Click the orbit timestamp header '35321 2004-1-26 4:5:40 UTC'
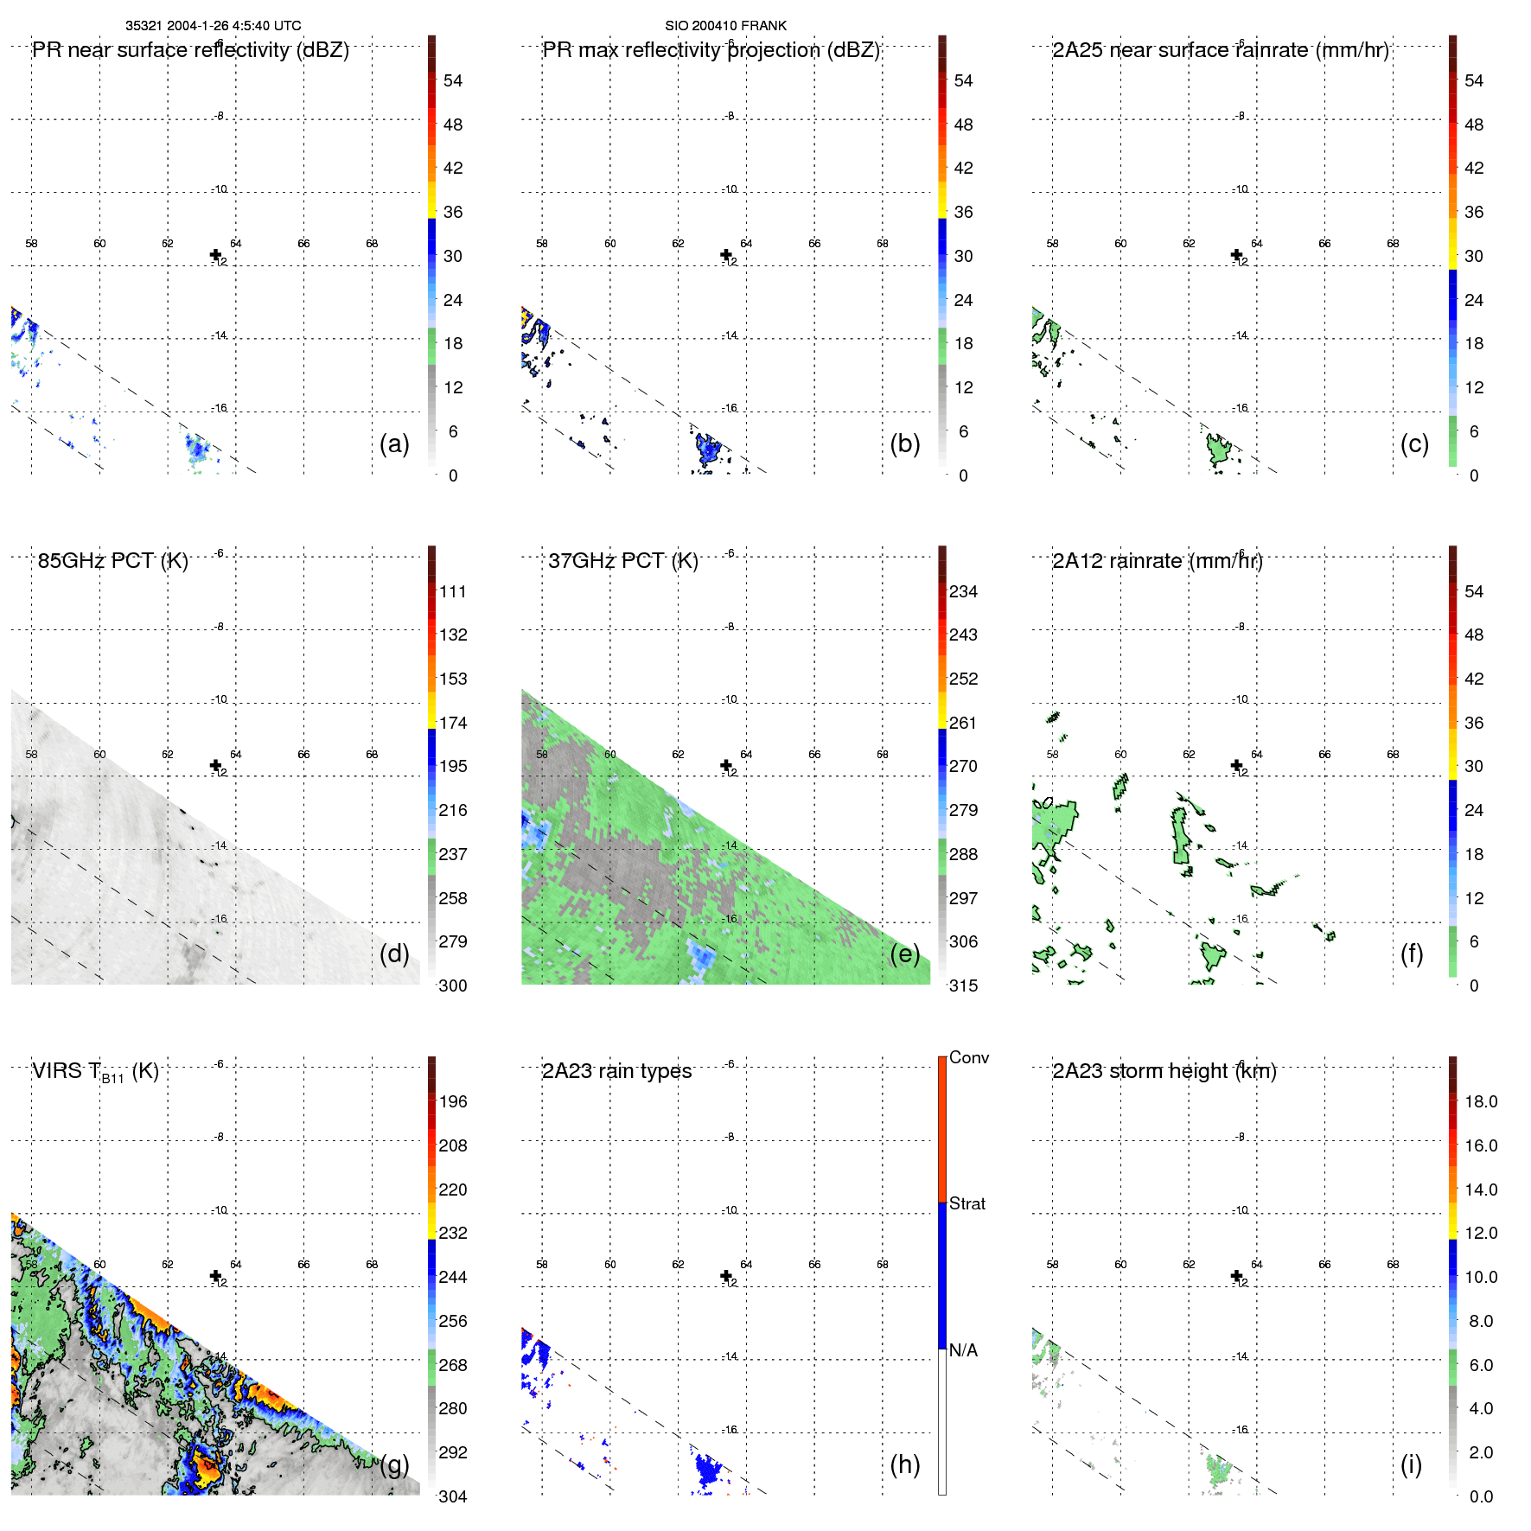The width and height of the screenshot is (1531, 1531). pos(213,26)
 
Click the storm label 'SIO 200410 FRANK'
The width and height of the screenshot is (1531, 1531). pos(725,26)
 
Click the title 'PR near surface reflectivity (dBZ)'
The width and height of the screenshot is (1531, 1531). pos(190,50)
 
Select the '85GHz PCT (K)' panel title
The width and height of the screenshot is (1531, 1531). pos(112,561)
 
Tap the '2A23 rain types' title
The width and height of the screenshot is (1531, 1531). pos(616,1071)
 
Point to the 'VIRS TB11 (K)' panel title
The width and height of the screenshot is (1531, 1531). pos(95,1072)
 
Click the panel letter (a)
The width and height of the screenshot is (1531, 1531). pos(394,443)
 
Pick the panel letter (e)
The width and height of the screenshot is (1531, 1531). pos(904,954)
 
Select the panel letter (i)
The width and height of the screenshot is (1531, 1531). pos(1411,1464)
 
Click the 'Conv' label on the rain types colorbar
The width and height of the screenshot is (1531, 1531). pos(968,1057)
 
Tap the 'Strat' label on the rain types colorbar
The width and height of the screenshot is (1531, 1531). pos(967,1203)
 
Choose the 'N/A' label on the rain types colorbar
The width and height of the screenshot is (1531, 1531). pos(963,1350)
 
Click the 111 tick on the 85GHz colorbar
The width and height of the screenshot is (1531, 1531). pos(452,591)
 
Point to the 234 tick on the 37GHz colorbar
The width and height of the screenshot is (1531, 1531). pos(963,591)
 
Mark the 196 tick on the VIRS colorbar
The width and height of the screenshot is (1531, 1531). pos(452,1101)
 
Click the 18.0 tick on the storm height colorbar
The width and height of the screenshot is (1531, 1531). pos(1480,1101)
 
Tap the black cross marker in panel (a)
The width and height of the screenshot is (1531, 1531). pos(215,255)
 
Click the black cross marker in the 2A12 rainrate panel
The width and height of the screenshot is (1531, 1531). pos(1236,765)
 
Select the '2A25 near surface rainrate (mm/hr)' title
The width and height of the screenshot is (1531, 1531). pos(1220,50)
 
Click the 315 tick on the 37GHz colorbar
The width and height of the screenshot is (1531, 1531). pos(963,986)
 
